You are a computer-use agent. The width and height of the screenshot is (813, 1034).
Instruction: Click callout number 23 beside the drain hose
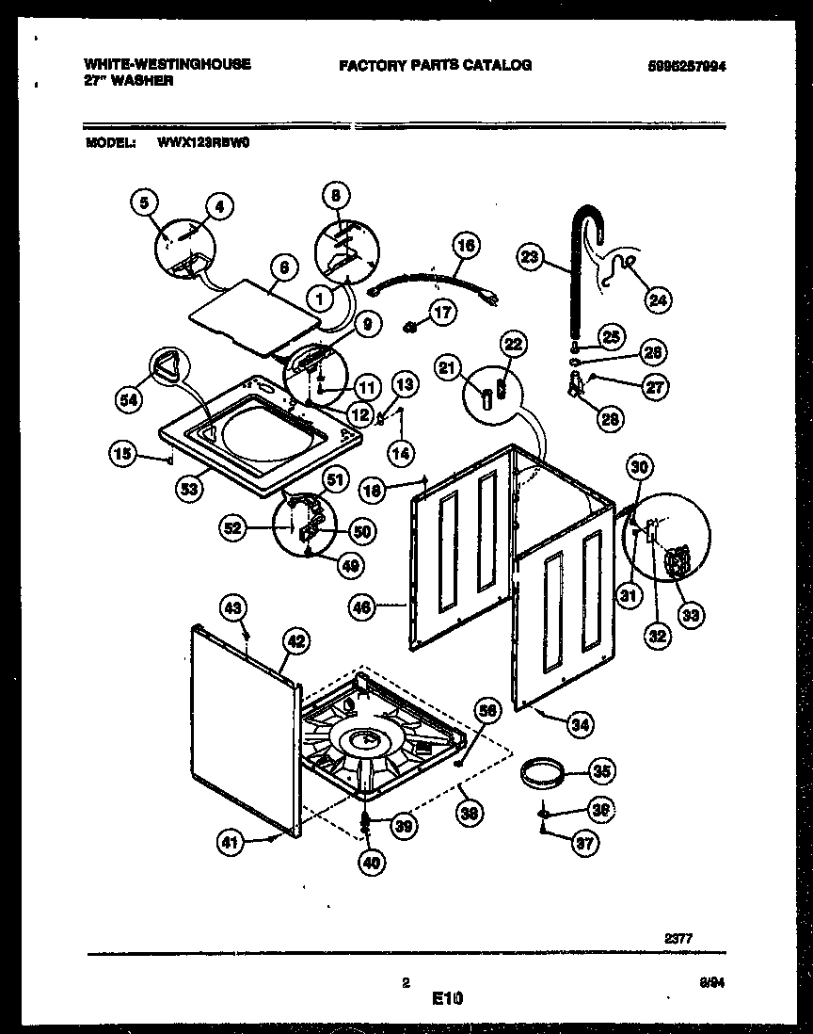tap(530, 255)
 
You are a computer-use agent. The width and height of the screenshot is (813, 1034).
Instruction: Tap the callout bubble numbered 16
tap(466, 247)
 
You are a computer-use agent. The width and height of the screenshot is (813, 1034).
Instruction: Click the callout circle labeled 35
tap(599, 770)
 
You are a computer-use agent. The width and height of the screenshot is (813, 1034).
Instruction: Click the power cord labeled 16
tap(433, 283)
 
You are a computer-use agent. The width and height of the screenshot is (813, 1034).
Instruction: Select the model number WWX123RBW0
tap(198, 144)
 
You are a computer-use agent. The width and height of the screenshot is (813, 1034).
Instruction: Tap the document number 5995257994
tap(687, 66)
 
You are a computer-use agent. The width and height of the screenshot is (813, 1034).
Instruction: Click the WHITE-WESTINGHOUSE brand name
tap(167, 64)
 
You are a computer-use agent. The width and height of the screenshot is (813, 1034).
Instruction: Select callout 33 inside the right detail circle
tap(690, 617)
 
